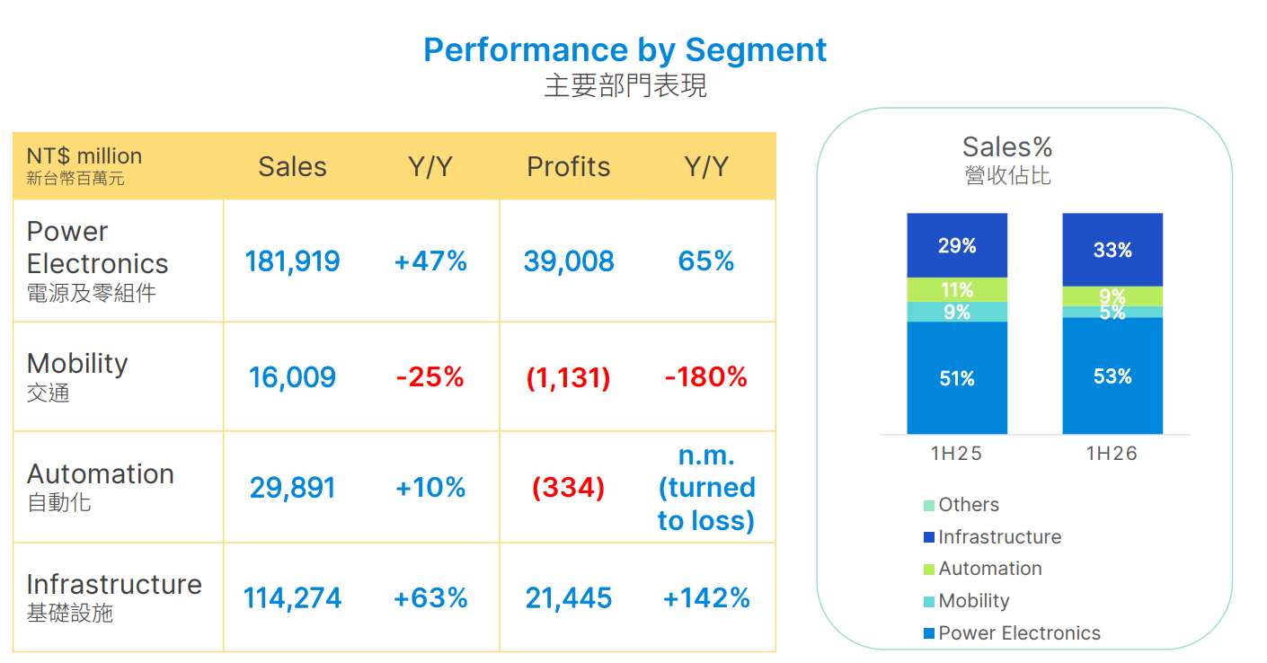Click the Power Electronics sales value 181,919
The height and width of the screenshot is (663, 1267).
tap(292, 261)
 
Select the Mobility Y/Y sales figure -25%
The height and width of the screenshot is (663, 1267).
tap(430, 376)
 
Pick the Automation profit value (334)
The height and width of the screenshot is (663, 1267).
tap(569, 488)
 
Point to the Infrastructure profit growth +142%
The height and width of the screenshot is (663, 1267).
tap(706, 598)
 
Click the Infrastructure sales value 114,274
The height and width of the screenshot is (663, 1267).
tap(292, 598)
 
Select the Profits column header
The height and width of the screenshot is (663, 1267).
tap(569, 167)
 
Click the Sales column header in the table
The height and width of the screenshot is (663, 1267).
tap(292, 167)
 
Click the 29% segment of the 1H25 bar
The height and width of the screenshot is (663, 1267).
tap(957, 245)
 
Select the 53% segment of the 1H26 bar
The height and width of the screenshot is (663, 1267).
tap(1112, 376)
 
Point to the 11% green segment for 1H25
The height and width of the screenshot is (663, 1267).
tap(957, 289)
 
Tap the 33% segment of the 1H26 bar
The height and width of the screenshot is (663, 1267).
tap(1112, 250)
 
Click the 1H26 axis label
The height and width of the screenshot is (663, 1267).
tap(1112, 454)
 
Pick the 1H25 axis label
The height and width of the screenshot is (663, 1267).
tap(956, 454)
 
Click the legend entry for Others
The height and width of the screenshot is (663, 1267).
tap(961, 505)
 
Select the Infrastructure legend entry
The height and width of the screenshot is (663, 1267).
tap(992, 537)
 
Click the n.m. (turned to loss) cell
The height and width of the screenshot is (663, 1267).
tap(706, 488)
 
